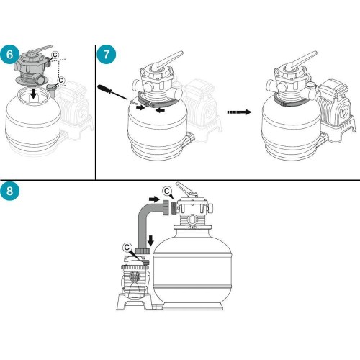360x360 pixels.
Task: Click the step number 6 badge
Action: pos(9,55)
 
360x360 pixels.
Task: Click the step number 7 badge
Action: pos(107,55)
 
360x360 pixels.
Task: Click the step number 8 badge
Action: pos(9,191)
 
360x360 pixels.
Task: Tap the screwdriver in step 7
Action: pos(112,92)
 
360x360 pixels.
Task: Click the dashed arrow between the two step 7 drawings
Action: pos(239,112)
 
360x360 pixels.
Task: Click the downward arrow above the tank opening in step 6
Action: pos(34,94)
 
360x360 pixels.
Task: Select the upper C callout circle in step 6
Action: pos(55,55)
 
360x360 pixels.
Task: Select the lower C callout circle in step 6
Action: pos(61,80)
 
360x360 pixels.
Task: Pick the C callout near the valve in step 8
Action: pos(167,191)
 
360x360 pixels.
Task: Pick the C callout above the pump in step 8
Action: pos(127,248)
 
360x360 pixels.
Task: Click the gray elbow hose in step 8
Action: pos(145,222)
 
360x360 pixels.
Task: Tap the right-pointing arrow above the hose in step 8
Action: pos(154,199)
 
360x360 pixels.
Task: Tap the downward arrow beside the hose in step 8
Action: pos(150,240)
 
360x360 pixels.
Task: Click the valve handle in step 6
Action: pos(39,50)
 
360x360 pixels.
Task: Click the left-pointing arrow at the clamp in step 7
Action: pos(160,110)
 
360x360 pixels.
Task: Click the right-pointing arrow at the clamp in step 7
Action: pos(140,108)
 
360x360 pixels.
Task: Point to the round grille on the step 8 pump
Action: pos(134,276)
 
